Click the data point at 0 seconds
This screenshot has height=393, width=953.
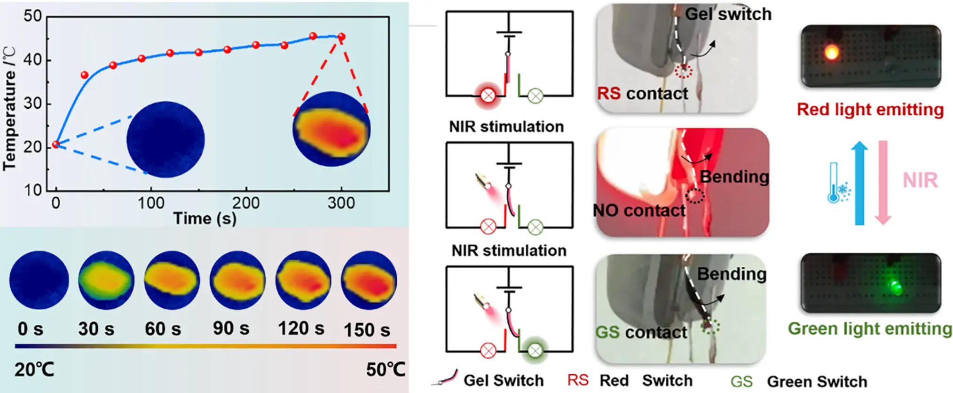(x=56, y=144)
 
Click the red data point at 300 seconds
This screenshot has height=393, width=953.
(x=342, y=37)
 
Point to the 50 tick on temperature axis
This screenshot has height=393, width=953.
(x=33, y=16)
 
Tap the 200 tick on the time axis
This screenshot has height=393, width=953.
(x=246, y=203)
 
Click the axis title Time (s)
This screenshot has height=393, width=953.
(x=205, y=218)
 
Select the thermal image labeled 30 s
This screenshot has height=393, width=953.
(x=106, y=281)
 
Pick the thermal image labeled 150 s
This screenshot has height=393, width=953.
(x=369, y=281)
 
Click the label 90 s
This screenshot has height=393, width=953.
(x=230, y=329)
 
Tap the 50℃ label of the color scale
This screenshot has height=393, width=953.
(x=386, y=369)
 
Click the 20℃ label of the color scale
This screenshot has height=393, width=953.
(x=34, y=369)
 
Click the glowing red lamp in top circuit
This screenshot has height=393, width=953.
(x=488, y=96)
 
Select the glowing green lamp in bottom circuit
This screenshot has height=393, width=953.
(x=535, y=350)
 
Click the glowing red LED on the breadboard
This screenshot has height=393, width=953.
(x=831, y=52)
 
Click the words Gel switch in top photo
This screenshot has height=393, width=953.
(x=728, y=14)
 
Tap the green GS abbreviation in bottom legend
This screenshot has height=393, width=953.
(x=741, y=381)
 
